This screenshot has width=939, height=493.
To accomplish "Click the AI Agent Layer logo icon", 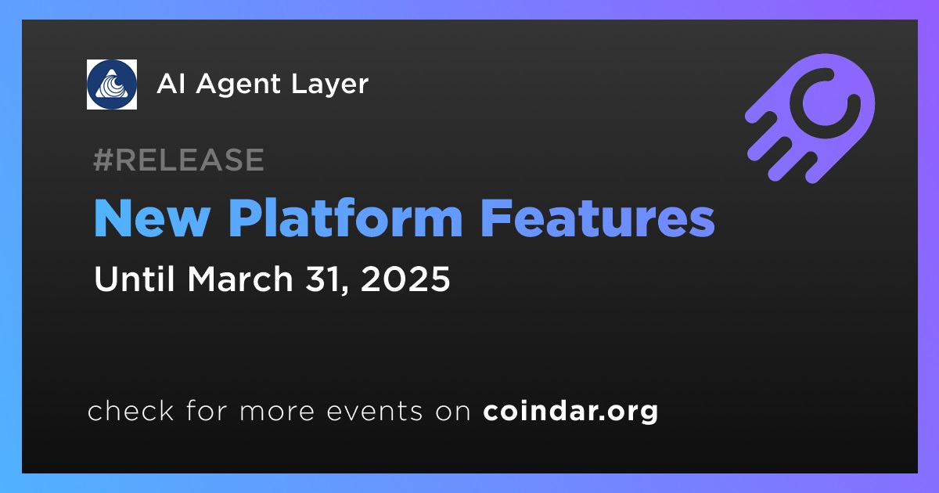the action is pyautogui.click(x=111, y=85).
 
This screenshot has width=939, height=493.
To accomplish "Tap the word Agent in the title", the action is pyautogui.click(x=238, y=85).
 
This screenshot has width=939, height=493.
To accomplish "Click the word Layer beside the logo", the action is pyautogui.click(x=329, y=85).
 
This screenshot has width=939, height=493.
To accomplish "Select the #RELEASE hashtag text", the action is pyautogui.click(x=178, y=160).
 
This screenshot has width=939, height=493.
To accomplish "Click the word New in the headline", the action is pyautogui.click(x=152, y=218).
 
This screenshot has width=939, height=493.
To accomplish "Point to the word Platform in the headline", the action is pyautogui.click(x=345, y=218).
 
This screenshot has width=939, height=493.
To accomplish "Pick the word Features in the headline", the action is pyautogui.click(x=598, y=218).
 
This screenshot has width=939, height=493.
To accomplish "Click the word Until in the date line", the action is pyautogui.click(x=135, y=279).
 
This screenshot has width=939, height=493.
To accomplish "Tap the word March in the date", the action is pyautogui.click(x=240, y=279).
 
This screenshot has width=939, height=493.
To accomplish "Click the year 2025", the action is pyautogui.click(x=405, y=279).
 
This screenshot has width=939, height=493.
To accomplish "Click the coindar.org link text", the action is pyautogui.click(x=570, y=412).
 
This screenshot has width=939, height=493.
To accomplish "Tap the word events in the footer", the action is pyautogui.click(x=375, y=412).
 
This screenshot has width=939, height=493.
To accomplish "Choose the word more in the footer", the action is pyautogui.click(x=277, y=412).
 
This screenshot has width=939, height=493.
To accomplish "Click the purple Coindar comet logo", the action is pyautogui.click(x=811, y=118).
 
